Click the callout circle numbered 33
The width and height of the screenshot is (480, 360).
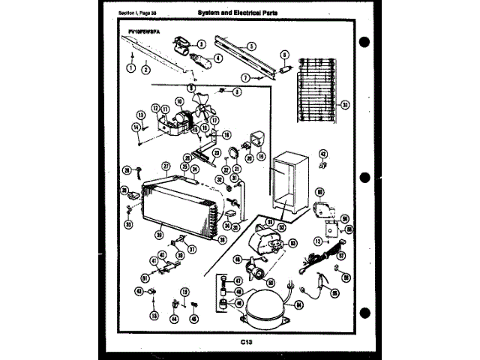128,224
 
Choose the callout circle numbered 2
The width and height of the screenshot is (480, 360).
144,69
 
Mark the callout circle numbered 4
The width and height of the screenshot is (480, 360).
218,57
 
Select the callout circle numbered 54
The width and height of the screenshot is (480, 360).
298,305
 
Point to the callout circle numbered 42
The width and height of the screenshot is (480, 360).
322,154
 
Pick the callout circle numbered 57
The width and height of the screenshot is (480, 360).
340,255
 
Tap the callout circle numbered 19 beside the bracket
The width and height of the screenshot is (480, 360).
261,157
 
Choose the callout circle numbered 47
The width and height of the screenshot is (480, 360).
238,280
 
